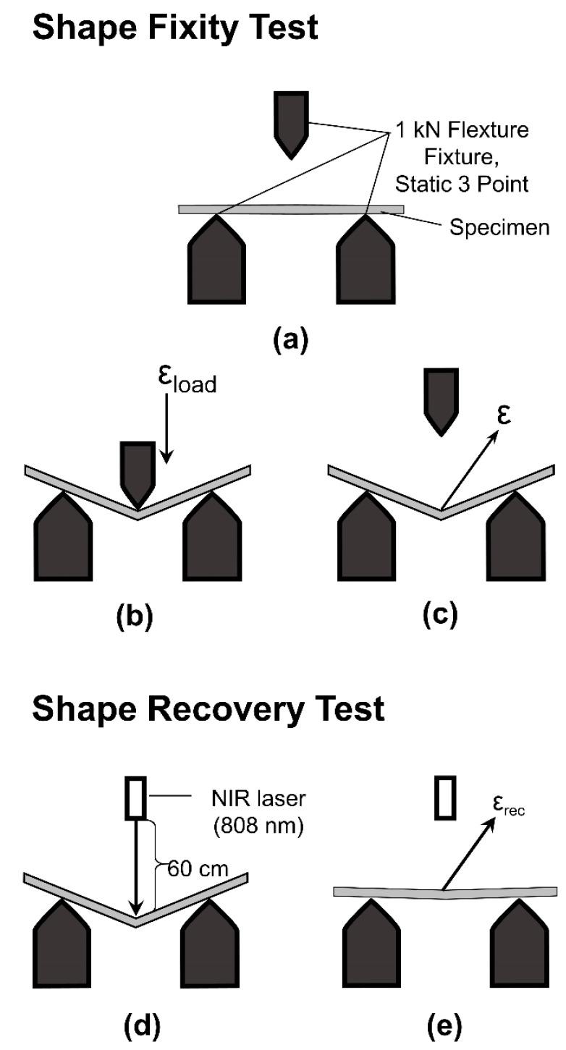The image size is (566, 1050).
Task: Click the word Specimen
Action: [499, 227]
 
